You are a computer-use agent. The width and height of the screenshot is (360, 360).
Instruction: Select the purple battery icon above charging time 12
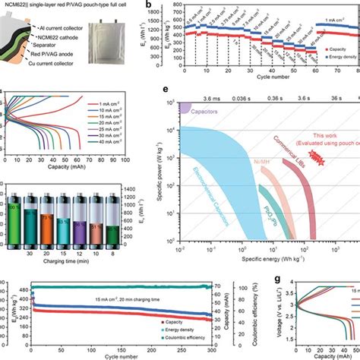pos(94,221)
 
